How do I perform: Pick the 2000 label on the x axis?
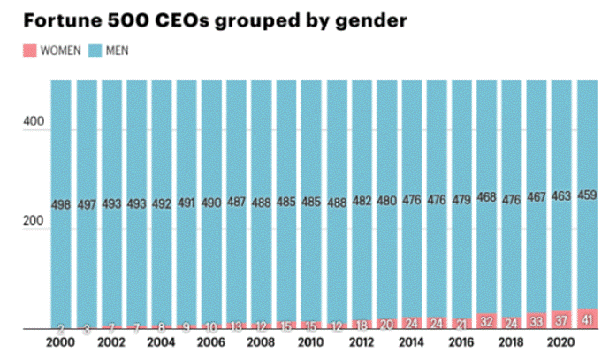pos(60,341)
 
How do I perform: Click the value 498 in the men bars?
pos(61,204)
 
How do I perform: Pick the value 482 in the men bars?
pos(362,201)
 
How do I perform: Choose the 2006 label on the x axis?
pos(211,341)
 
